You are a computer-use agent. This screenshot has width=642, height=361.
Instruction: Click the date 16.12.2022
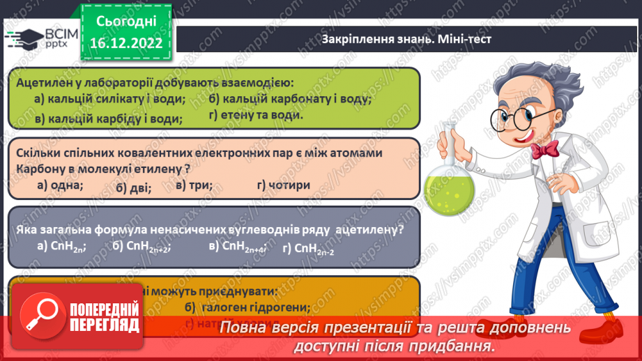[125, 43]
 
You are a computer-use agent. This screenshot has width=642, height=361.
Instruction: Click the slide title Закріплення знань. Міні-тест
[406, 39]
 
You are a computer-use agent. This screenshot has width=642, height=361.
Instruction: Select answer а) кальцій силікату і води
[110, 99]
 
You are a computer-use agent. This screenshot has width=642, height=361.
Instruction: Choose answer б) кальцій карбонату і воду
[289, 98]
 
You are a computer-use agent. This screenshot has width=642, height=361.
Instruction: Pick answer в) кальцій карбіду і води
[108, 118]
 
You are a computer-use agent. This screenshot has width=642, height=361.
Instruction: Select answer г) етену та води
[256, 115]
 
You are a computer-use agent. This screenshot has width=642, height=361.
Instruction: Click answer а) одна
[60, 185]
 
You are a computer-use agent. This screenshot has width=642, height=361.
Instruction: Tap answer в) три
[194, 185]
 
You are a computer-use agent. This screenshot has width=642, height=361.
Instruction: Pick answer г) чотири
[284, 185]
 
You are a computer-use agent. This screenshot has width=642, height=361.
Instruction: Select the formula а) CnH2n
[61, 246]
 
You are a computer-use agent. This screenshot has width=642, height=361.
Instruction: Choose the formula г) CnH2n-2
[309, 248]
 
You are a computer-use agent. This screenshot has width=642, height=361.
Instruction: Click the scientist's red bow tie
[544, 148]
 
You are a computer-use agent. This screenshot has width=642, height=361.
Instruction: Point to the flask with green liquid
[450, 185]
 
